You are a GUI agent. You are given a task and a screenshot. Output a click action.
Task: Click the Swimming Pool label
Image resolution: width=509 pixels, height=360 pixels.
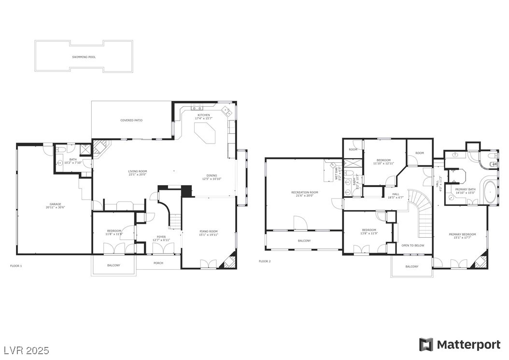84,57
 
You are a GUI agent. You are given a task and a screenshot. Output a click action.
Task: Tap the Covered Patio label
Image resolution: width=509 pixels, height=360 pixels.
131,120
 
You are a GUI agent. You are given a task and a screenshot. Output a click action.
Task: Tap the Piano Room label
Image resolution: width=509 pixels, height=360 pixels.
209,233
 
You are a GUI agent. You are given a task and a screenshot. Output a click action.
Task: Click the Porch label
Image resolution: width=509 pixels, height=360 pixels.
158,263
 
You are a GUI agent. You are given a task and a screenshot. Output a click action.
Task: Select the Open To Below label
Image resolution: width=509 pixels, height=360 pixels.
413,245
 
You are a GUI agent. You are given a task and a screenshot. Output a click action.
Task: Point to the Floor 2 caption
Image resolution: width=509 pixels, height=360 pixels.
265,261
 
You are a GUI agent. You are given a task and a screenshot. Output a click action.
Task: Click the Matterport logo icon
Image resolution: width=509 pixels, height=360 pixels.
426,345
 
